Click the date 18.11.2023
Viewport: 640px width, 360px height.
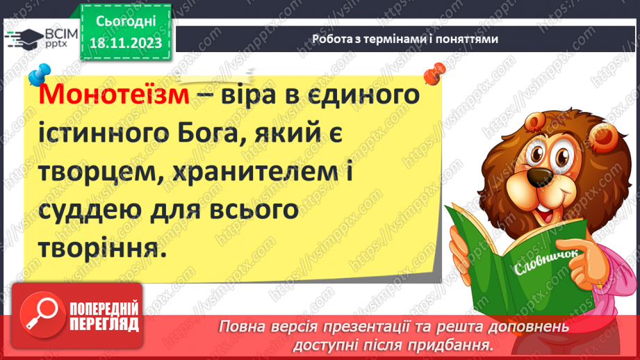coord(126,44)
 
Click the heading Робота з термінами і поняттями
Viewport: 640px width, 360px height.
coord(405,40)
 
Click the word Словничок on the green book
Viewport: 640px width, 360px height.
coord(536,264)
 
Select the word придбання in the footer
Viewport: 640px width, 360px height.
coord(453,345)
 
